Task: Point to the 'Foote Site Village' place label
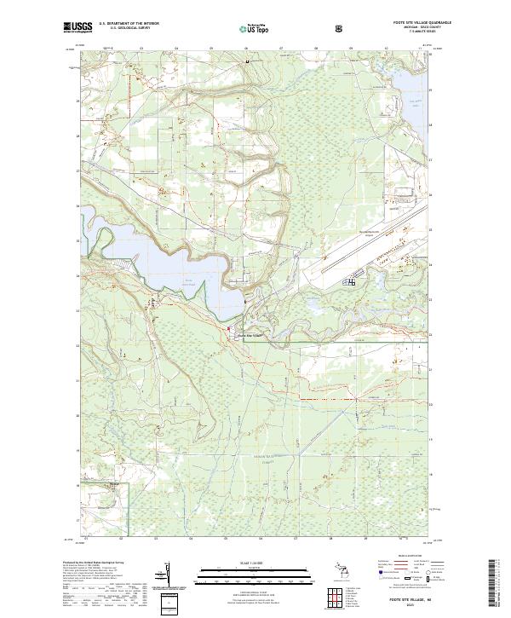click(x=250, y=334)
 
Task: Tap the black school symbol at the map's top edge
click(x=248, y=61)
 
